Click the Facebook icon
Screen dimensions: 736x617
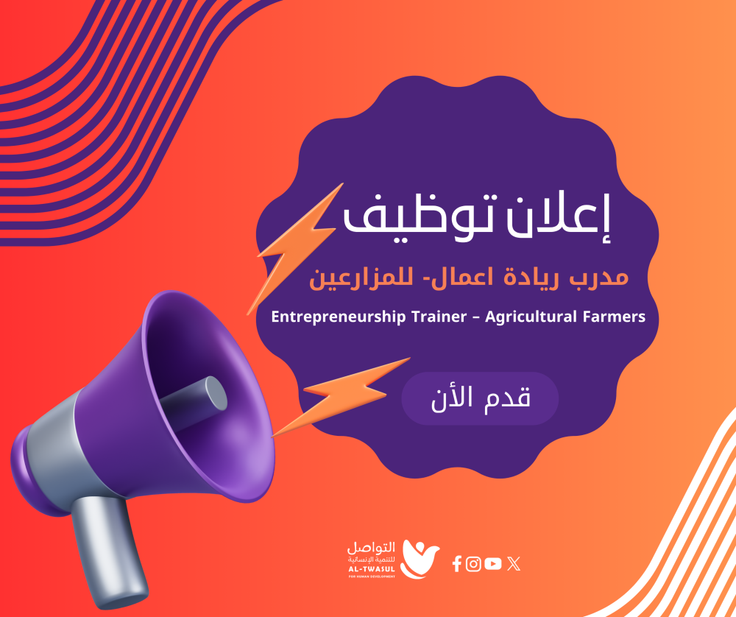[x=457, y=563]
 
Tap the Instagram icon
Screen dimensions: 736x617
[x=473, y=563]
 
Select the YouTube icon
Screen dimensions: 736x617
[x=493, y=563]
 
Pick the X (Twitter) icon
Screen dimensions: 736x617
[x=514, y=563]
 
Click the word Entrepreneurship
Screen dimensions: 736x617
[x=338, y=317]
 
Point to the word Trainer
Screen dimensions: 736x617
[x=439, y=317]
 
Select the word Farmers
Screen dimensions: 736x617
[x=614, y=317]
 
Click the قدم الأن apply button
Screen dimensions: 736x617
[x=480, y=398]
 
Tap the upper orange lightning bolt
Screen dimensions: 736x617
[x=294, y=248]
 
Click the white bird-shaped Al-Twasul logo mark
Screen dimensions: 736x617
[x=420, y=559]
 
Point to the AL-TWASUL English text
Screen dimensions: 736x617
[x=372, y=569]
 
